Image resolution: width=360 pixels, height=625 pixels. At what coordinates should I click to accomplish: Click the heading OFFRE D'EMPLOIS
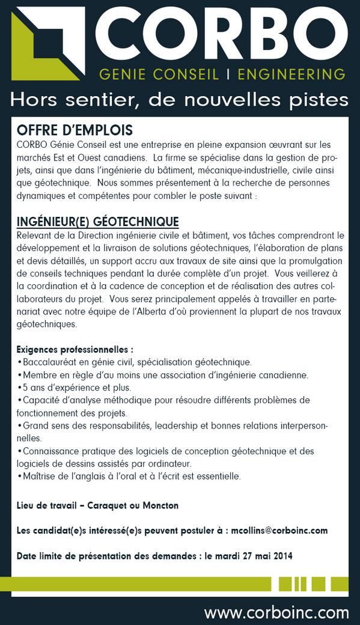pos(75,130)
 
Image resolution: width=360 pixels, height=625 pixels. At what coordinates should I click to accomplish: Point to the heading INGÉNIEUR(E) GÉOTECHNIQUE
pos(97,222)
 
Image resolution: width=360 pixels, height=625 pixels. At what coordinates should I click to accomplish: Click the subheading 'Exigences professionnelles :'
pos(75,349)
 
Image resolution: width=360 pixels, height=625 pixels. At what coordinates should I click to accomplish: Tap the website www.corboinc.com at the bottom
pos(276,612)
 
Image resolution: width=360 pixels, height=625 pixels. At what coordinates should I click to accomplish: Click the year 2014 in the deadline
pos(281,556)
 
